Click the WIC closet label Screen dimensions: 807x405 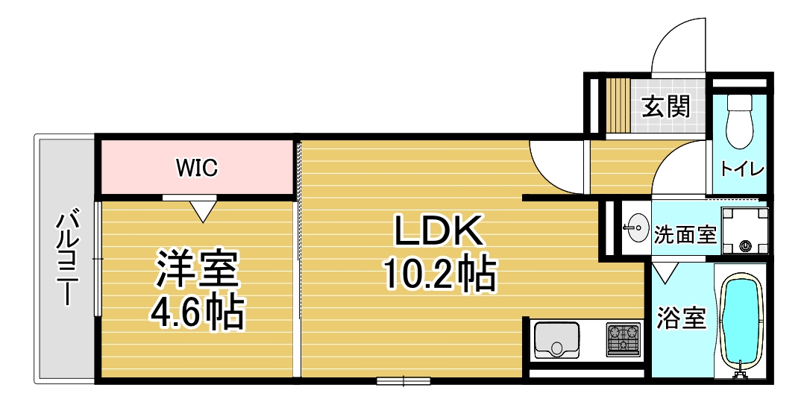pyautogui.click(x=197, y=168)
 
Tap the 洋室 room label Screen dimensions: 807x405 pyautogui.click(x=198, y=268)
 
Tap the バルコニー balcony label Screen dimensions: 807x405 pyautogui.click(x=66, y=257)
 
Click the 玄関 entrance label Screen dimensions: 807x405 pyautogui.click(x=666, y=107)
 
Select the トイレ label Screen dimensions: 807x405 pyautogui.click(x=741, y=168)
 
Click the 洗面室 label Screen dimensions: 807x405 pyautogui.click(x=685, y=235)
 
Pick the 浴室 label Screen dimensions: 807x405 pyautogui.click(x=680, y=318)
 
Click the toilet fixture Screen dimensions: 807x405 pyautogui.click(x=741, y=122)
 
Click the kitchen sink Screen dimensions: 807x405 pyautogui.click(x=557, y=339)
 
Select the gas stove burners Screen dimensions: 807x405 pyautogui.click(x=624, y=339)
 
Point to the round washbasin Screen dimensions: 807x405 pyautogui.click(x=638, y=227)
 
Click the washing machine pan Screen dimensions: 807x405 pyautogui.click(x=744, y=230)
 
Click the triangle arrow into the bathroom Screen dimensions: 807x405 pyautogui.click(x=666, y=272)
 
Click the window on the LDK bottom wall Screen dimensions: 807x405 pyautogui.click(x=404, y=381)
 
